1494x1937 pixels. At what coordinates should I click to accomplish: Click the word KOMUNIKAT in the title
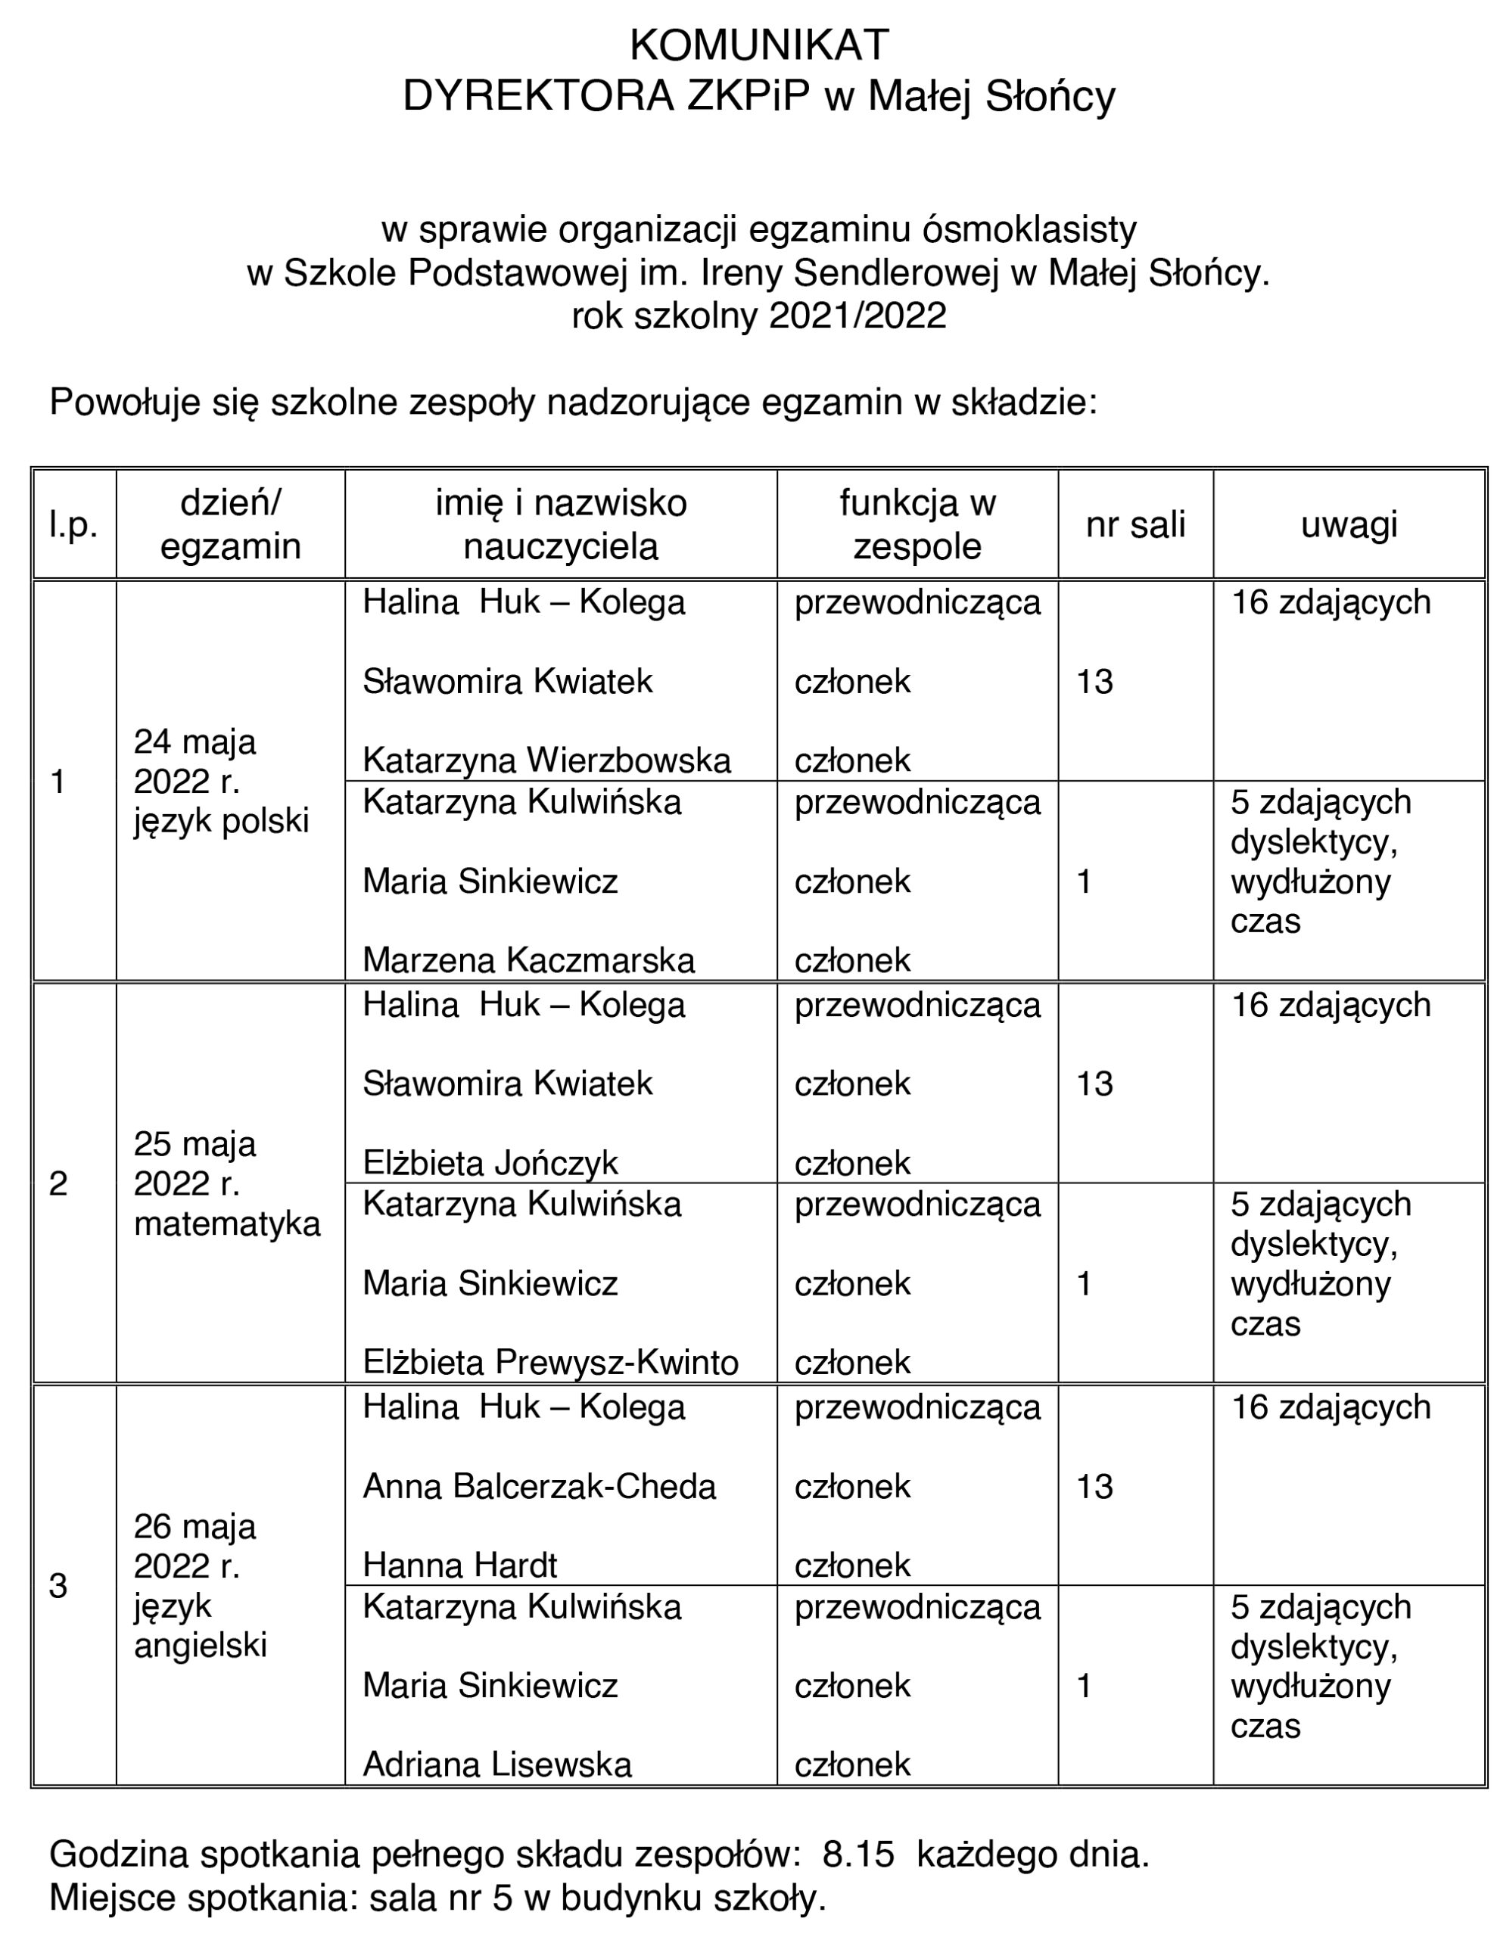click(758, 45)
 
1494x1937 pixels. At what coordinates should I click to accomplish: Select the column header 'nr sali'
click(1135, 525)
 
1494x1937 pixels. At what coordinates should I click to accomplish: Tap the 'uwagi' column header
click(1349, 525)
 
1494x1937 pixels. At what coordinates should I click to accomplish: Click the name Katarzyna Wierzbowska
click(546, 760)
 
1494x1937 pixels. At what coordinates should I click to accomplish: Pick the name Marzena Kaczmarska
click(529, 960)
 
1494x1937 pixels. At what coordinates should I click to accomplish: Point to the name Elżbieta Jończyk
click(490, 1163)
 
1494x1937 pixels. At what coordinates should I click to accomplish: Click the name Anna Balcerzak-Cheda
click(540, 1487)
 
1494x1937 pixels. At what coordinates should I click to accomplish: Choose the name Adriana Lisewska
click(496, 1765)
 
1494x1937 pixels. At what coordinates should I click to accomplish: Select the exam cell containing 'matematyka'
click(227, 1224)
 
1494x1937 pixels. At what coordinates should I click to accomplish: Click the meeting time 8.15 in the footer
click(858, 1855)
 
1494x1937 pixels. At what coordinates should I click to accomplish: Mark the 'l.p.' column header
click(73, 525)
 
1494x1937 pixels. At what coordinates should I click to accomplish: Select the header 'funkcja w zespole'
click(917, 525)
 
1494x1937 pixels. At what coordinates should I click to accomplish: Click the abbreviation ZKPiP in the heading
click(750, 97)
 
